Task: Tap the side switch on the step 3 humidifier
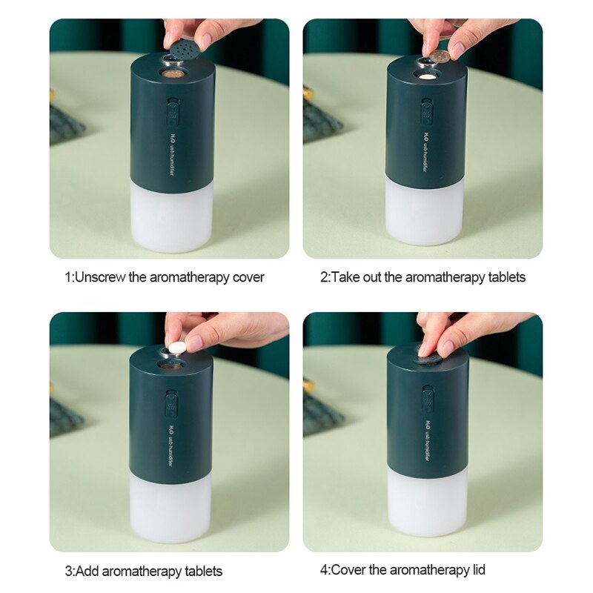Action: (172, 404)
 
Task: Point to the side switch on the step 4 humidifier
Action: (428, 399)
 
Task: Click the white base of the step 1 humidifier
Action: (171, 219)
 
